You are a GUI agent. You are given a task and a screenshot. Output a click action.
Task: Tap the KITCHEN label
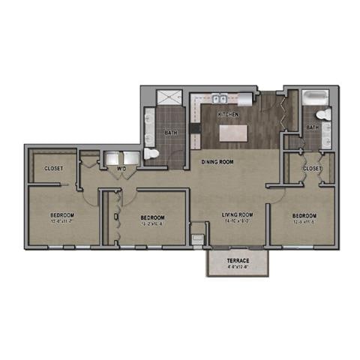coord(228,115)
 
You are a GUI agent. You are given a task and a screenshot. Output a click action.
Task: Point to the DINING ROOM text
coord(217,161)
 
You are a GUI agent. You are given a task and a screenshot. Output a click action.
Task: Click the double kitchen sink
coord(219,98)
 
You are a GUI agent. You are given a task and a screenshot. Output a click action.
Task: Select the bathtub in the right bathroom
coord(315,98)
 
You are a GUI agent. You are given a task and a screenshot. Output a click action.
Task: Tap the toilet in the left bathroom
coord(151,152)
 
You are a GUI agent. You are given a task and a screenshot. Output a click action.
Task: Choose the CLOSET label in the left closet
coord(52,168)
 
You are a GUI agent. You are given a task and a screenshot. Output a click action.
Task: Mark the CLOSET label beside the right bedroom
coord(312,169)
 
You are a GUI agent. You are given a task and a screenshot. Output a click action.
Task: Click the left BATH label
coord(170,134)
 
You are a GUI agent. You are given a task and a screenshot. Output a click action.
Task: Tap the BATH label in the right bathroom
coord(312,128)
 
